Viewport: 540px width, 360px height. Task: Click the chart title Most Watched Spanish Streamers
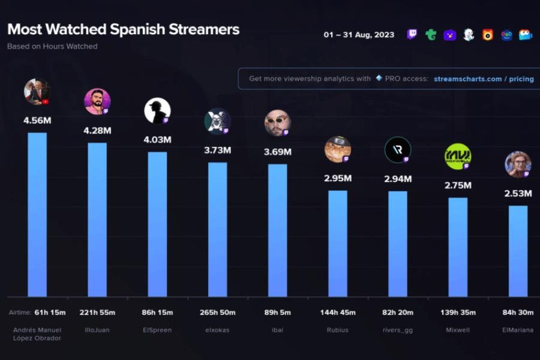pos(123,29)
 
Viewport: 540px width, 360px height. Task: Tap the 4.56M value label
pos(37,121)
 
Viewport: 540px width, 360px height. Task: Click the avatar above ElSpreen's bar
pos(157,111)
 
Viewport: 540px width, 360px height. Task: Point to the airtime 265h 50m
pos(217,313)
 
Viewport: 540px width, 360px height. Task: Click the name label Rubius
pos(337,329)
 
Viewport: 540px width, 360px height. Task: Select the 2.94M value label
pos(398,179)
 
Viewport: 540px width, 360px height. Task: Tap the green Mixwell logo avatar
pos(458,157)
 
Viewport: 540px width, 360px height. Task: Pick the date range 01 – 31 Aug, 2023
pos(359,35)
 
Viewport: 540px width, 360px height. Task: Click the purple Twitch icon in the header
pos(412,35)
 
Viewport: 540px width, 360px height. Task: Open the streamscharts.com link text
pos(467,79)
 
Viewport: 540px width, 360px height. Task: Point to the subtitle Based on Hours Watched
pos(52,46)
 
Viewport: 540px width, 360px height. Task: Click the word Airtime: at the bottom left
pos(19,313)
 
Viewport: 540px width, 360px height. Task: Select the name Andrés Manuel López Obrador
pos(37,334)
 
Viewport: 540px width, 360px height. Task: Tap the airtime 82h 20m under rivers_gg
pos(397,313)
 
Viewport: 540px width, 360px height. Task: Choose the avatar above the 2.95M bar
pos(338,149)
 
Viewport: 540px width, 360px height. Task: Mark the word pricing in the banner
pos(521,79)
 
